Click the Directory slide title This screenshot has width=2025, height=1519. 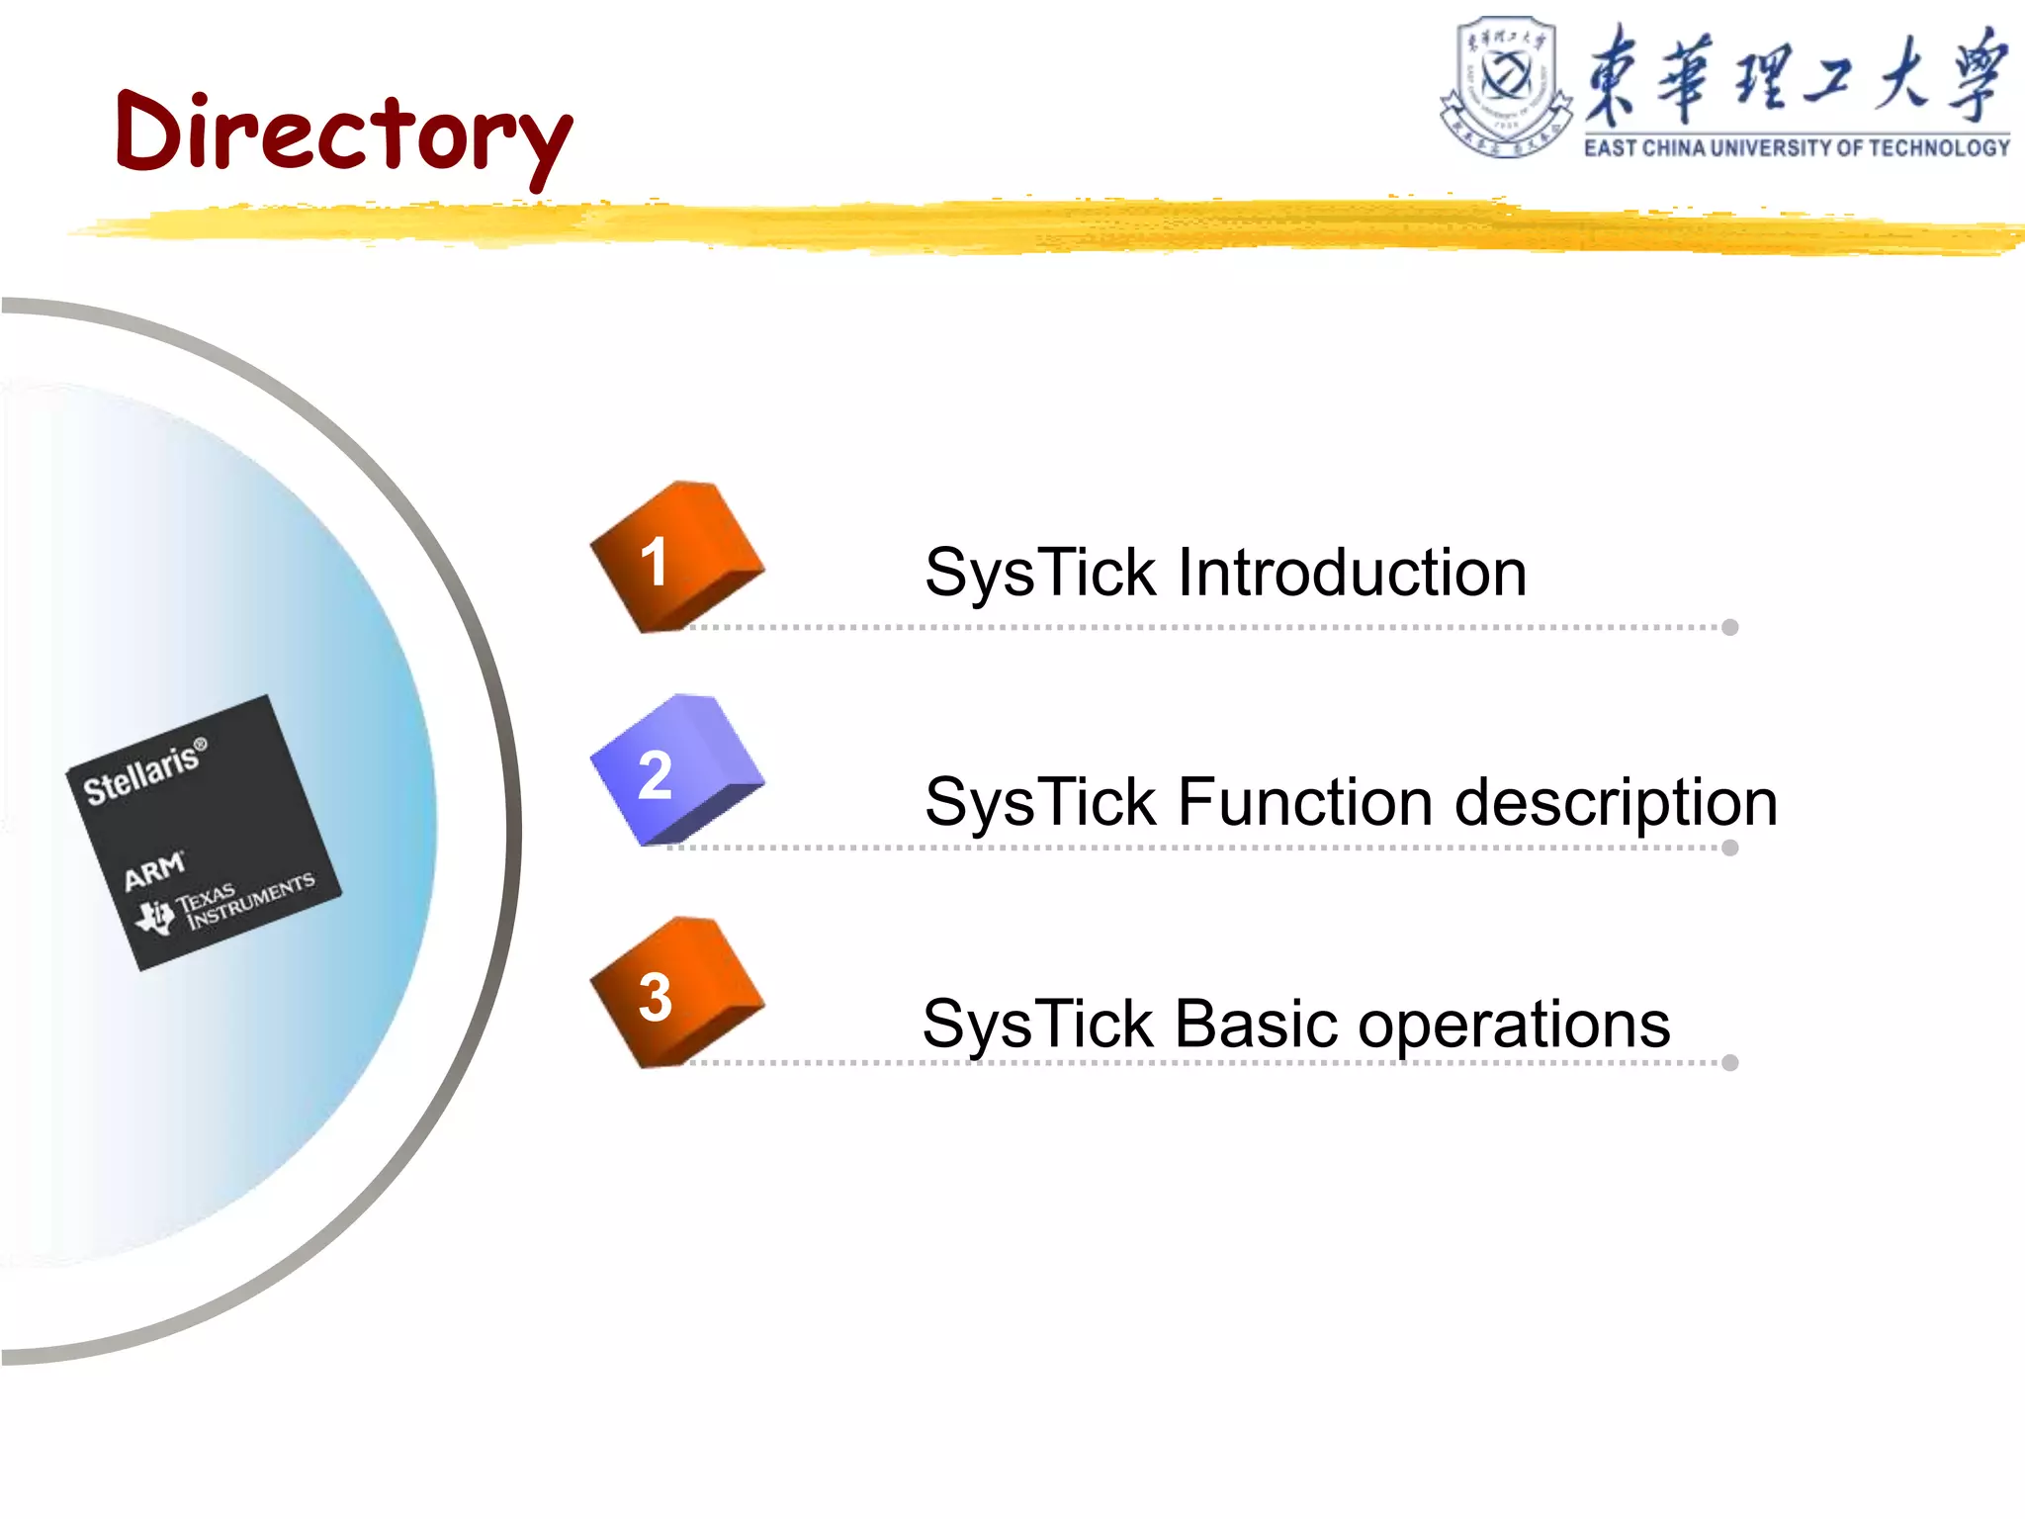(x=342, y=134)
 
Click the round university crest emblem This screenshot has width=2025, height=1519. (x=1505, y=85)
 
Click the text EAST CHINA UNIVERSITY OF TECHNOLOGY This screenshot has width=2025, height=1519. (x=1797, y=148)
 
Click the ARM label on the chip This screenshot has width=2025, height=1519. (x=153, y=871)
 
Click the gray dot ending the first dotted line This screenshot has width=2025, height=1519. (x=1729, y=627)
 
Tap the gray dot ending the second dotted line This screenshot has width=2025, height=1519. (x=1729, y=848)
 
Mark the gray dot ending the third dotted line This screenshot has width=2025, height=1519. (x=1729, y=1063)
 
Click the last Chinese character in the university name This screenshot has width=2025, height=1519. (x=1977, y=75)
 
